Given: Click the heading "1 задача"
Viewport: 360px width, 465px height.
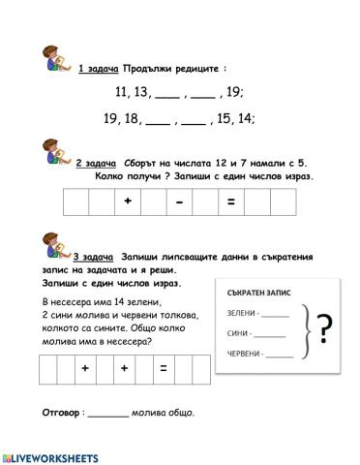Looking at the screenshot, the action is point(98,68).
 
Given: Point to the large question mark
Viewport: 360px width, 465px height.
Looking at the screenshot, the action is point(325,332).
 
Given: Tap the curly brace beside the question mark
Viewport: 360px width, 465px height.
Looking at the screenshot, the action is point(303,332).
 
